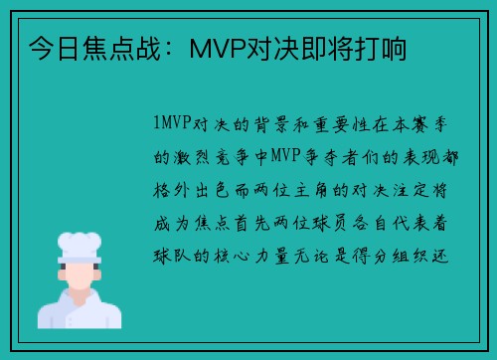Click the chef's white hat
coord(79,244)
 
